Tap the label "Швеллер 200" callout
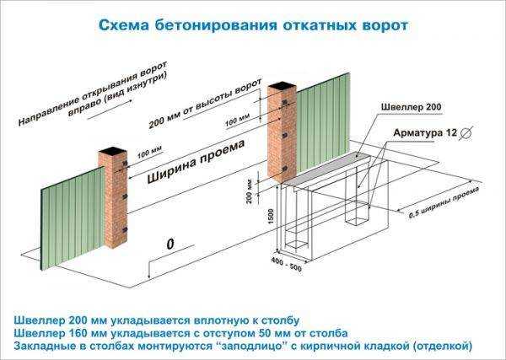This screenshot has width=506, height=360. click(x=411, y=107)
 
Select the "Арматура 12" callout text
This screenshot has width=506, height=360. click(x=425, y=133)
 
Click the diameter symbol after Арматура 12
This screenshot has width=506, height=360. click(x=466, y=133)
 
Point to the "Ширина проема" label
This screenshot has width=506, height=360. click(x=196, y=162)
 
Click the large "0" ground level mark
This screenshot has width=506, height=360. click(x=170, y=244)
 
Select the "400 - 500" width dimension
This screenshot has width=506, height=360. click(x=286, y=264)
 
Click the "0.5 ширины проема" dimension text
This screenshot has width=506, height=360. click(x=444, y=203)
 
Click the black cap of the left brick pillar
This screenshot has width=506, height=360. click(x=112, y=151)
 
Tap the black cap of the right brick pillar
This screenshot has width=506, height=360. click(x=282, y=86)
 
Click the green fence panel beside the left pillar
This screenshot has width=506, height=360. click(x=73, y=218)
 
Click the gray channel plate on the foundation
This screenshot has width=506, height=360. click(x=326, y=169)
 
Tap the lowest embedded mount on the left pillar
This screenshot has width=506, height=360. click(x=125, y=230)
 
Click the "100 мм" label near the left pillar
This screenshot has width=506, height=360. click(x=149, y=153)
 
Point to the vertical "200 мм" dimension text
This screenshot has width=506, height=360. click(x=249, y=192)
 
